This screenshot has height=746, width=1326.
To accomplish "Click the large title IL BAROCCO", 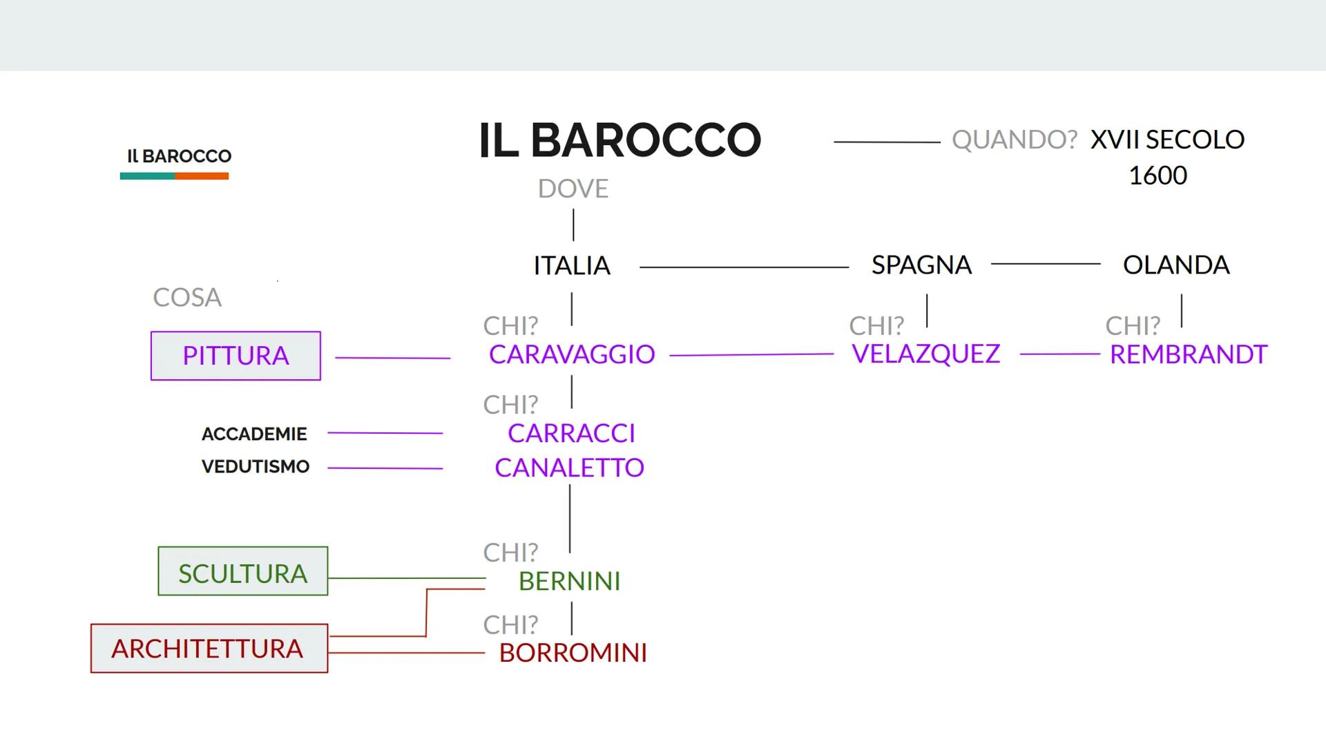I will point(619,140).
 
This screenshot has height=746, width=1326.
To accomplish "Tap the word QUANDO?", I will point(1014,140).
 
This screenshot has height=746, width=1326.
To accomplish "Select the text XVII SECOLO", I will point(1167,140).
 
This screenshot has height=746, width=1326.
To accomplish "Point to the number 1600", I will point(1157,175).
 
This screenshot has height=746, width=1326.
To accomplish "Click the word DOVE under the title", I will point(573,189).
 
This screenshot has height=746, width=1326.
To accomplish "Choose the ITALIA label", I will point(572,265).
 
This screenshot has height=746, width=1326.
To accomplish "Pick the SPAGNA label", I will point(921,265).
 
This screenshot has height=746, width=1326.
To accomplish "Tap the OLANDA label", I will point(1176,265).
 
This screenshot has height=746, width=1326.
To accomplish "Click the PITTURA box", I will point(236,356).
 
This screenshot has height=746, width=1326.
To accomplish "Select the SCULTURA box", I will point(242,571).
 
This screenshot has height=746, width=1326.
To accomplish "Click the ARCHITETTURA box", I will point(209,649).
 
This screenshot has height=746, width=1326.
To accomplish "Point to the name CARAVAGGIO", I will point(572,354).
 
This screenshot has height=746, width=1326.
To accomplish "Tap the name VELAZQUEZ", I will point(925,354).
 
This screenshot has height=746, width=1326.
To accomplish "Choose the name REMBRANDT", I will point(1188,354).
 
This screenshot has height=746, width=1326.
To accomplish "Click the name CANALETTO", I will point(569,468).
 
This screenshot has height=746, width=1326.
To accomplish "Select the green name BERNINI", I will point(569,582).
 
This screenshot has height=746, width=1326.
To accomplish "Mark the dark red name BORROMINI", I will point(573,653).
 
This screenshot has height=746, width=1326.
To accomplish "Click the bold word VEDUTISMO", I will point(256,467).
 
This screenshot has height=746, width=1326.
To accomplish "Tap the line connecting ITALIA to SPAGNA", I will point(743,267).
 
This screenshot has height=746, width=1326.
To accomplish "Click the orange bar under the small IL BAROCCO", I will point(202,176).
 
